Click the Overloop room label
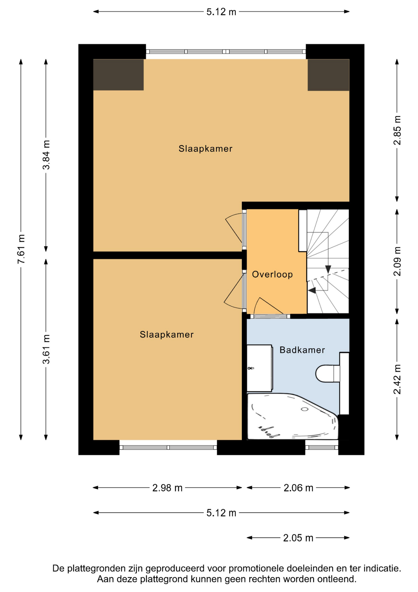(272, 274)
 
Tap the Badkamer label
(302, 350)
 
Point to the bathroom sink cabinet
(259, 368)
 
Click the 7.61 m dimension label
(21, 249)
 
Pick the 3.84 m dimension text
(46, 155)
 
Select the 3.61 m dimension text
(46, 349)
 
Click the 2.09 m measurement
(397, 261)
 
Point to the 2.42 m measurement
(397, 379)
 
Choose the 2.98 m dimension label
(167, 488)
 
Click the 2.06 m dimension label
(298, 488)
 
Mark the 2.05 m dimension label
(298, 538)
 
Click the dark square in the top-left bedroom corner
(119, 75)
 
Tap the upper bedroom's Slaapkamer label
(205, 149)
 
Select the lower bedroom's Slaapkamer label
(167, 335)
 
